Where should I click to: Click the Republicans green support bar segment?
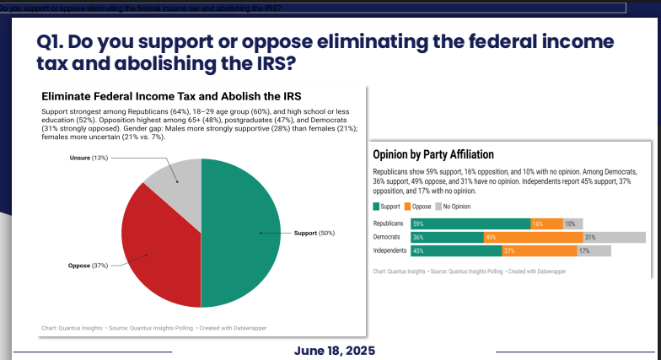(x=470, y=223)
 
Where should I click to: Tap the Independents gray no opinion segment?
(x=594, y=250)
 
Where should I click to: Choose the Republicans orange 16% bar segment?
(x=546, y=223)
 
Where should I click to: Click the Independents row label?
(x=390, y=250)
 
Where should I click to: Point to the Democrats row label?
(x=387, y=237)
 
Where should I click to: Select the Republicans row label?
(x=389, y=223)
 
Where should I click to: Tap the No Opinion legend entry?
(x=456, y=206)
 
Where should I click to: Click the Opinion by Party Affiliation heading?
(x=433, y=154)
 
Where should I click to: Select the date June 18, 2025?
(x=334, y=351)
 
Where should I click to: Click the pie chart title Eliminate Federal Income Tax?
(x=171, y=96)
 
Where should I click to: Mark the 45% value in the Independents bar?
(x=418, y=250)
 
